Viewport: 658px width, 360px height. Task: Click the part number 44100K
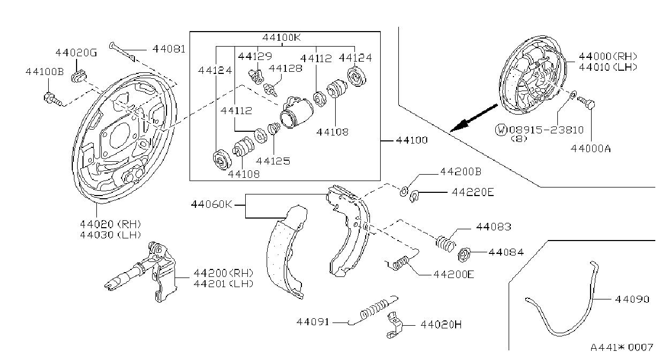pyautogui.click(x=282, y=37)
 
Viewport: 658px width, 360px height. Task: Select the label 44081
pyautogui.click(x=169, y=49)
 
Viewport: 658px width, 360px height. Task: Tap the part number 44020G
pyautogui.click(x=76, y=52)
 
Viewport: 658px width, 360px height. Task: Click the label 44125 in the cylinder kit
pyautogui.click(x=273, y=161)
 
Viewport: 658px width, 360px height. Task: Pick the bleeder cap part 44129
pyautogui.click(x=256, y=77)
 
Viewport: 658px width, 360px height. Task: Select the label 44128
pyautogui.click(x=285, y=68)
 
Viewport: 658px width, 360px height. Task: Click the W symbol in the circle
pyautogui.click(x=501, y=130)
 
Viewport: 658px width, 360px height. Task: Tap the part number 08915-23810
pyautogui.click(x=547, y=130)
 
